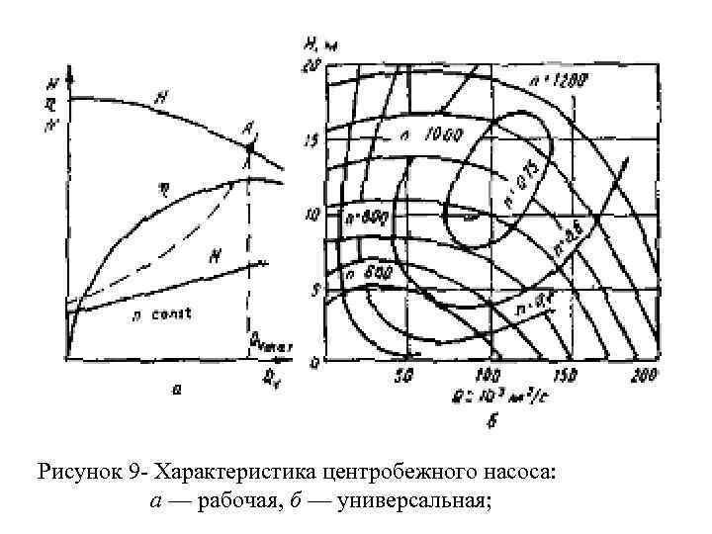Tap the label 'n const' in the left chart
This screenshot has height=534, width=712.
click(162, 313)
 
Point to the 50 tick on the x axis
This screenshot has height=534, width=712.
click(403, 374)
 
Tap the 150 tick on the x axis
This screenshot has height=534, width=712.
click(563, 374)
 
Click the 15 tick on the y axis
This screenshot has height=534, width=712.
click(311, 141)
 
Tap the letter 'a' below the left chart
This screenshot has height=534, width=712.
click(176, 391)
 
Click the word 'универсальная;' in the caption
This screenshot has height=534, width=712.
click(414, 500)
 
